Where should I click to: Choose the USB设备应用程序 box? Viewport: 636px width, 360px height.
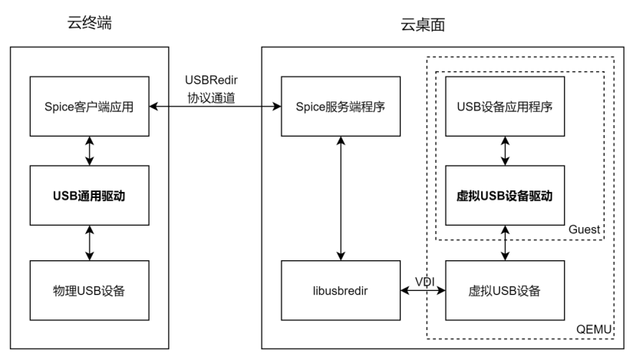(x=504, y=107)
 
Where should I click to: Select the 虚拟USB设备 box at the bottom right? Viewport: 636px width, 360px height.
(x=504, y=291)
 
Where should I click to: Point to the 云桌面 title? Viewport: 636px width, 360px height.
(x=423, y=25)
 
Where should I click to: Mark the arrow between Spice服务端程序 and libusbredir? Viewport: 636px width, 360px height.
(x=338, y=199)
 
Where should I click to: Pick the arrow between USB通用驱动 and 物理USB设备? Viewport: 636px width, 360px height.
(x=91, y=243)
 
